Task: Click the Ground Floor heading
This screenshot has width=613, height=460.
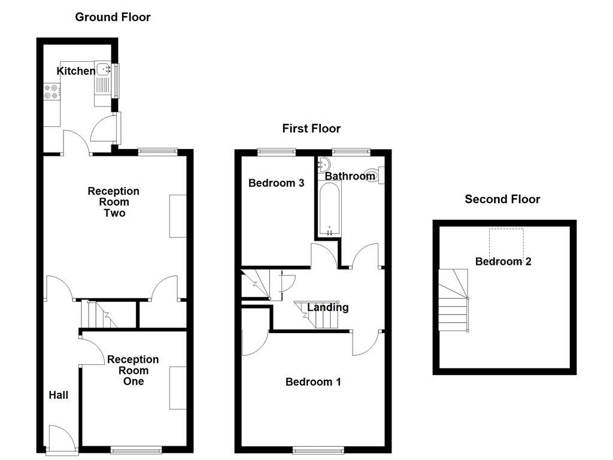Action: point(113,17)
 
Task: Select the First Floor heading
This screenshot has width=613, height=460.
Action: point(311,129)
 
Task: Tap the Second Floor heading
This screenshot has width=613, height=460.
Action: point(502,199)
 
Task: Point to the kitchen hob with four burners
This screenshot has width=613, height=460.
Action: point(51,92)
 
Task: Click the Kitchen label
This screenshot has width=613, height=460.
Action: point(75,71)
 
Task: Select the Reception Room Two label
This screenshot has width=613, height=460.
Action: point(114,202)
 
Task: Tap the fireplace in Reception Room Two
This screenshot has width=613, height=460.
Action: point(178,216)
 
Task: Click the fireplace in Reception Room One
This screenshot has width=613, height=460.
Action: point(178,388)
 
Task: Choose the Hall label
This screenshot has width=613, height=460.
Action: point(59,395)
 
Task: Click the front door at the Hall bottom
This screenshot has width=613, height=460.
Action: point(62,440)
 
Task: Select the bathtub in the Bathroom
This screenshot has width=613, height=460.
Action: point(329,210)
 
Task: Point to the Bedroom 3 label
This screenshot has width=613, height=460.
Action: point(276,183)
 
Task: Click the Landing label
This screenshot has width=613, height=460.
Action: point(327,308)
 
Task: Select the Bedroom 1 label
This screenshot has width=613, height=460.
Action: point(313,382)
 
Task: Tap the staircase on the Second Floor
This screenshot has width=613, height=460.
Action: point(454,299)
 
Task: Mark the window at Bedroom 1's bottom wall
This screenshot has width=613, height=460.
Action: point(318,449)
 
